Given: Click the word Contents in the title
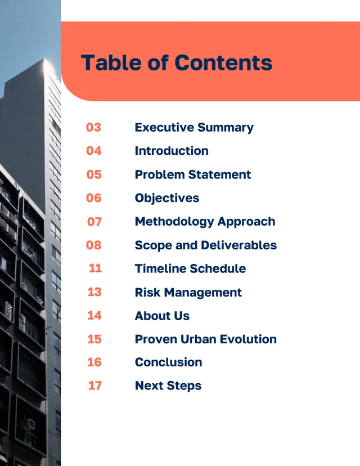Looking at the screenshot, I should point(223,62).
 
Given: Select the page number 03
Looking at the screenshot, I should point(93,127).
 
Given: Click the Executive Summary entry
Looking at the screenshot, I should point(194,127).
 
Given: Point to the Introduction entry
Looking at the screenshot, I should point(172,151).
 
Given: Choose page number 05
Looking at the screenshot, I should point(94,174).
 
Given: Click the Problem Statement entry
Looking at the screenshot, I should point(193,174).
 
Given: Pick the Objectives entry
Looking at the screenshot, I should point(167,198).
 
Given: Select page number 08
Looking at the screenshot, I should point(94,245).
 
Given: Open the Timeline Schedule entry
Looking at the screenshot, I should point(190,268).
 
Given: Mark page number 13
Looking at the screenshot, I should point(94,292).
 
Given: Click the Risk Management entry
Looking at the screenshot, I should point(188,292).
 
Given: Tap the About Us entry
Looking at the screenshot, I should point(162,316).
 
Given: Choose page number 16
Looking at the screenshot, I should point(94,362).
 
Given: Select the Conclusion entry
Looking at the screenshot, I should point(168,362).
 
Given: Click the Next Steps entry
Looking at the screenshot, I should point(168,386).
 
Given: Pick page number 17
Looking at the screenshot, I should point(95,386).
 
